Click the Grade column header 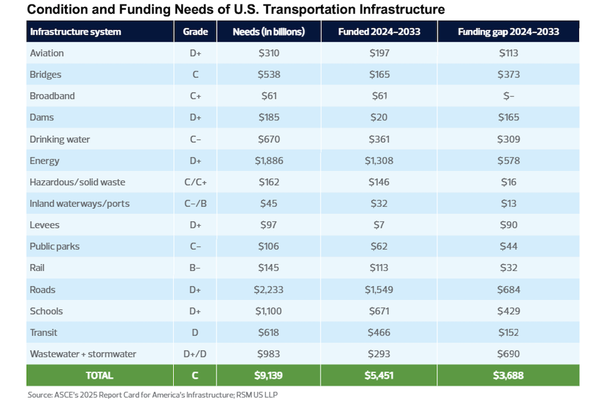point(195,31)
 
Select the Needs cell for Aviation point(269,53)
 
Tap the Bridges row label point(46,74)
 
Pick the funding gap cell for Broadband point(509,96)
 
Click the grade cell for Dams point(195,117)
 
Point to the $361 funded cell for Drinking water point(379,139)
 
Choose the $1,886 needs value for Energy point(269,161)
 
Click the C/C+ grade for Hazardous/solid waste point(195,182)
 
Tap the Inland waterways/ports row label point(80,204)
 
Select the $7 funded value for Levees point(379,225)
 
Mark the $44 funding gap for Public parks point(509,246)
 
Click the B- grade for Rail point(195,268)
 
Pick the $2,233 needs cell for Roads point(269,290)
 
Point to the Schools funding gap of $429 point(509,311)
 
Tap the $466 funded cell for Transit point(379,332)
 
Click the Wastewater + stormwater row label point(83,354)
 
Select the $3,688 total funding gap point(509,375)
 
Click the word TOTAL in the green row point(99,375)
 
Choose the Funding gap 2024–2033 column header point(509,31)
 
